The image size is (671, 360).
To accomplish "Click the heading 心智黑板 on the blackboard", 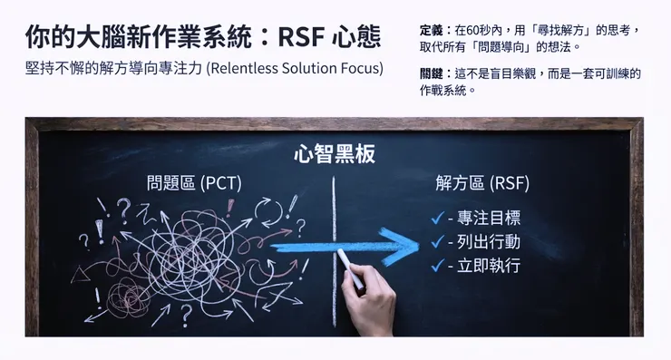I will (x=334, y=154).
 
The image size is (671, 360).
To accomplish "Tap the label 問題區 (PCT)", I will (x=194, y=183).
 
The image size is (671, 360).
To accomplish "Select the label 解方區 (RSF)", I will (x=482, y=183).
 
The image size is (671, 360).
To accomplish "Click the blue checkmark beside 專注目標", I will (x=438, y=219).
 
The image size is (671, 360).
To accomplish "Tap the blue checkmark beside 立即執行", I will (x=438, y=266).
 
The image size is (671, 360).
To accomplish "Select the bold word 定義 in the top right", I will (x=433, y=30).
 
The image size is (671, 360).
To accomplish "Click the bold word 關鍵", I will (x=433, y=73).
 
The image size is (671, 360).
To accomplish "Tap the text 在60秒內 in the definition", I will (x=480, y=30).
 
